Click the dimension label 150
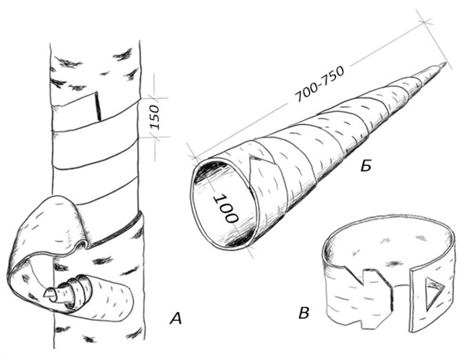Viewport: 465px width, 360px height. [155, 117]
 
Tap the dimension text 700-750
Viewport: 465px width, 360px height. [319, 84]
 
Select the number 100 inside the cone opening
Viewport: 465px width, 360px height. [227, 208]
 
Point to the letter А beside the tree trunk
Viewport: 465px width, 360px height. [175, 319]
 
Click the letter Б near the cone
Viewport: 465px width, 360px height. [366, 166]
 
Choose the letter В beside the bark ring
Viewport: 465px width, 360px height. [304, 313]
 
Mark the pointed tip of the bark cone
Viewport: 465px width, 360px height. [446, 63]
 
